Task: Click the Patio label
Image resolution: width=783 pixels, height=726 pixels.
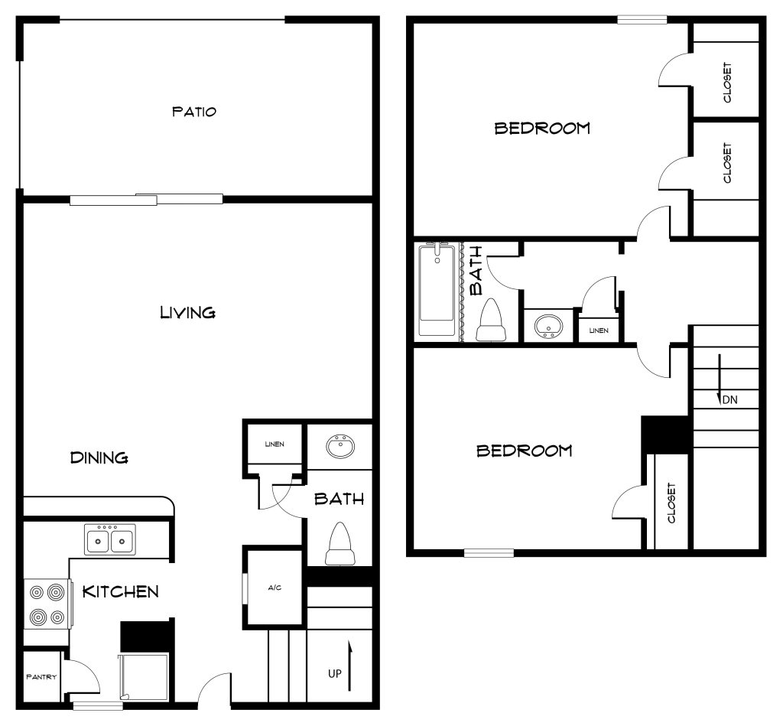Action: tap(193, 112)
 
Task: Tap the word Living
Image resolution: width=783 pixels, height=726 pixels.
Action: tap(187, 312)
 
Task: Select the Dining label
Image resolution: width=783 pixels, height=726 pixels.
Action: tap(99, 457)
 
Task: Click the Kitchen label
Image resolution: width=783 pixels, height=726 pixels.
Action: tap(120, 591)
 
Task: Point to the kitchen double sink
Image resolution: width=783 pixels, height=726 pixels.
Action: tap(110, 540)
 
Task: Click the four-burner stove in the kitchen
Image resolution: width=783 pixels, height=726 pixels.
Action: tap(47, 604)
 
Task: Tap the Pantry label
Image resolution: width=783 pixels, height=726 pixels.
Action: tap(41, 677)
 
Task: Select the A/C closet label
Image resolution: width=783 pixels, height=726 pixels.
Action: tap(275, 588)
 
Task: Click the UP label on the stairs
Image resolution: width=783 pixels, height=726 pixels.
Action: tap(335, 674)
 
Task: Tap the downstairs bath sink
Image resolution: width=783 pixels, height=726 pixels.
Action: tap(340, 446)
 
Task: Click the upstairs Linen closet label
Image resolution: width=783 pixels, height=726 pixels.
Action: tap(599, 330)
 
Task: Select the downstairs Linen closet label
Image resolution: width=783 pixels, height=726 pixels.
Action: tap(275, 444)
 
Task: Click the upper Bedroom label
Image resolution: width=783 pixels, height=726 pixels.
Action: tap(542, 128)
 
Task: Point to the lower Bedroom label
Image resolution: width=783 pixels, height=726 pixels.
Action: tap(524, 451)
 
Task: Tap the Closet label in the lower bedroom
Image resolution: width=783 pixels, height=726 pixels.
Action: tap(671, 503)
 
